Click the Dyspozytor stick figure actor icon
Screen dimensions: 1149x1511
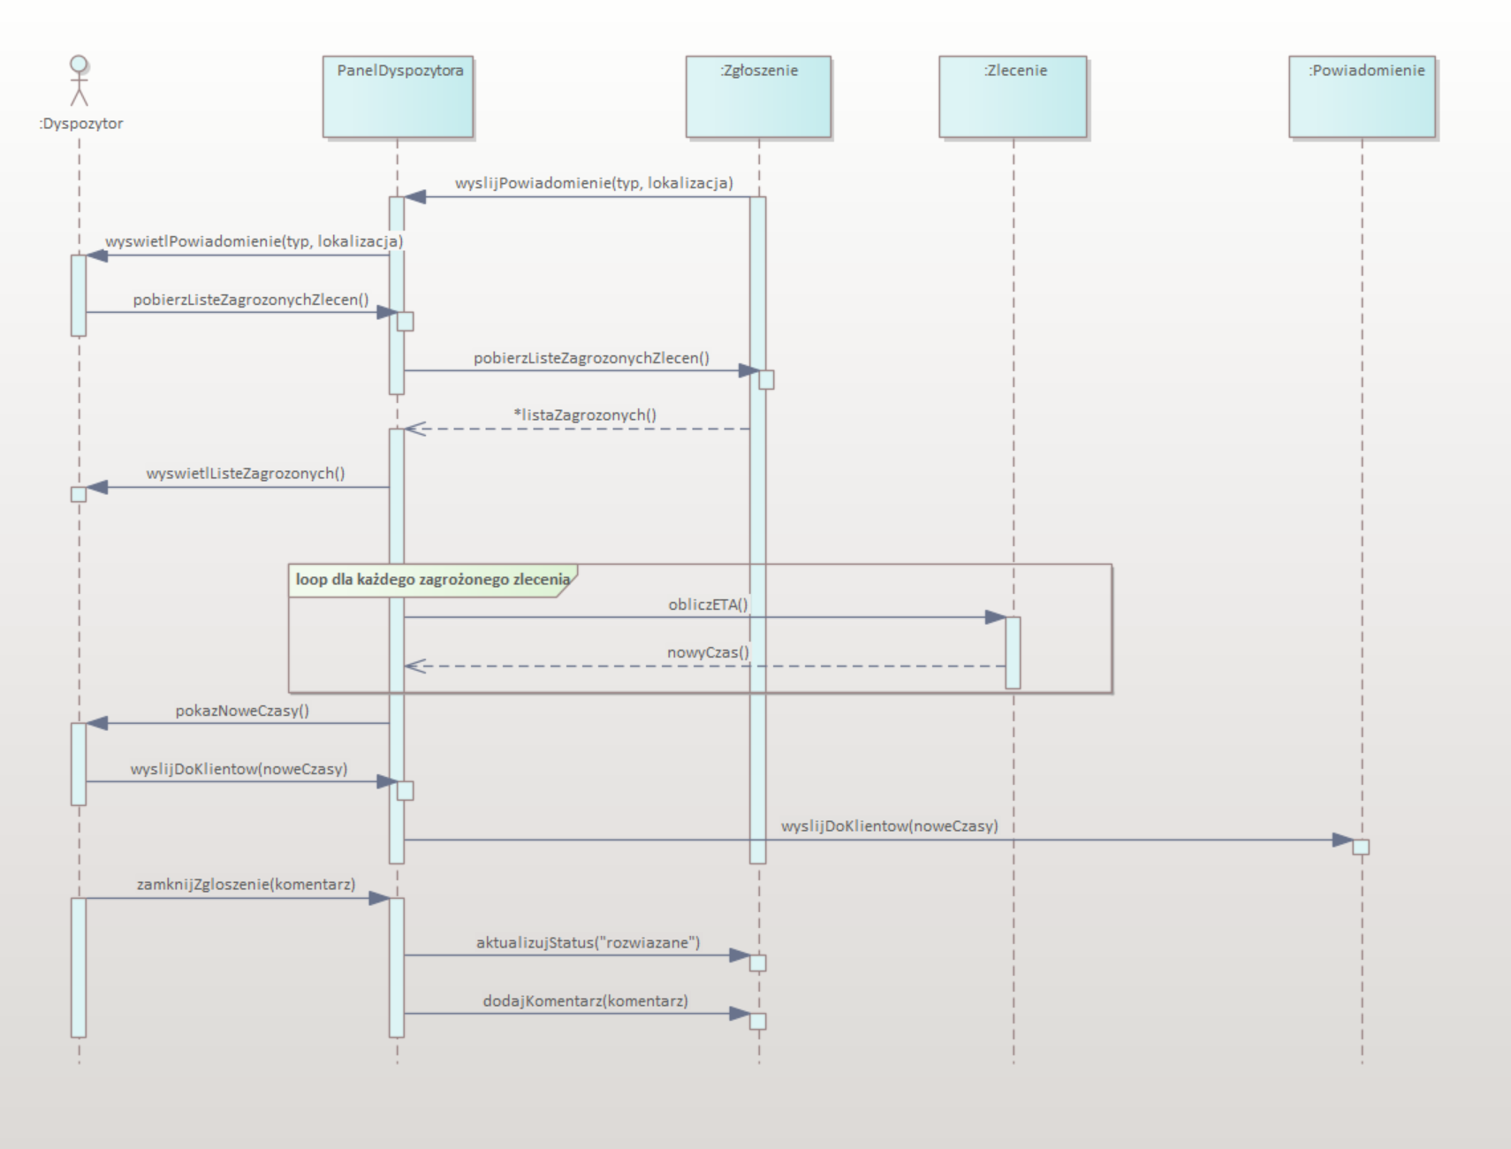[x=80, y=80]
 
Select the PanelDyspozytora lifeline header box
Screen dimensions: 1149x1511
[x=398, y=96]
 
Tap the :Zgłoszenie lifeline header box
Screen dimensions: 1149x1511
[x=758, y=96]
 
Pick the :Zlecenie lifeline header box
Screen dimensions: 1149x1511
[x=1013, y=96]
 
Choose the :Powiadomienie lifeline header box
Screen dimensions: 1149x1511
[x=1362, y=96]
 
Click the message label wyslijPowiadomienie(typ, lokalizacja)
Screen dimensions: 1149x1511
[x=594, y=183]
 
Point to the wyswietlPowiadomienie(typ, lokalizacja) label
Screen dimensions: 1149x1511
[x=254, y=241]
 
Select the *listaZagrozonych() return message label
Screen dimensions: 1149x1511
[x=585, y=415]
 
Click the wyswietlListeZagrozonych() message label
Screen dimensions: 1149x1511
[x=246, y=474]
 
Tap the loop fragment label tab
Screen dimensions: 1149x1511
[x=432, y=580]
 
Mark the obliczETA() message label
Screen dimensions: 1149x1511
[x=708, y=605]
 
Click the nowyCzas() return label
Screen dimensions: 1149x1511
[x=708, y=653]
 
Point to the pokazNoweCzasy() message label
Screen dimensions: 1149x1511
[x=242, y=711]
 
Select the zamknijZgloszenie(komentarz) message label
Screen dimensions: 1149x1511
[x=246, y=884]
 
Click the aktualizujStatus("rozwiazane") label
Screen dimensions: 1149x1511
[x=588, y=942]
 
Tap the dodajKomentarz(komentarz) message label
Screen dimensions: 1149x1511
[x=585, y=1001]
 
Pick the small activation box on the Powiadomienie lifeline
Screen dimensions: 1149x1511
[x=1361, y=847]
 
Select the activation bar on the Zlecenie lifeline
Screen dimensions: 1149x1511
[x=1013, y=652]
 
